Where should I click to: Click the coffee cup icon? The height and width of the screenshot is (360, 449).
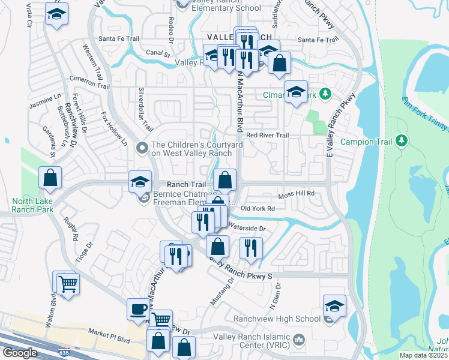coord(138,309)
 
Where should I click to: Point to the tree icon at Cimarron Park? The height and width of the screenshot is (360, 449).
coord(325,94)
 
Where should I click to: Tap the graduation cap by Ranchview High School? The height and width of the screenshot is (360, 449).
coord(334,306)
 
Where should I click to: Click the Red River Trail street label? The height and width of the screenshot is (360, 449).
coord(268,136)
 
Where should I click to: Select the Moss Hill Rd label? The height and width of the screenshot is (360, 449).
coord(297,194)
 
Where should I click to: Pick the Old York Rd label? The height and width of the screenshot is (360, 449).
coord(258,208)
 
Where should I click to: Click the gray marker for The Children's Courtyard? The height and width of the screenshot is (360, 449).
coord(142,147)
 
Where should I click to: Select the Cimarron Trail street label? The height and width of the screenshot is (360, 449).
coord(90,83)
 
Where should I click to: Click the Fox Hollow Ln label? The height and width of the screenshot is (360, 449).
coord(114,128)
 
